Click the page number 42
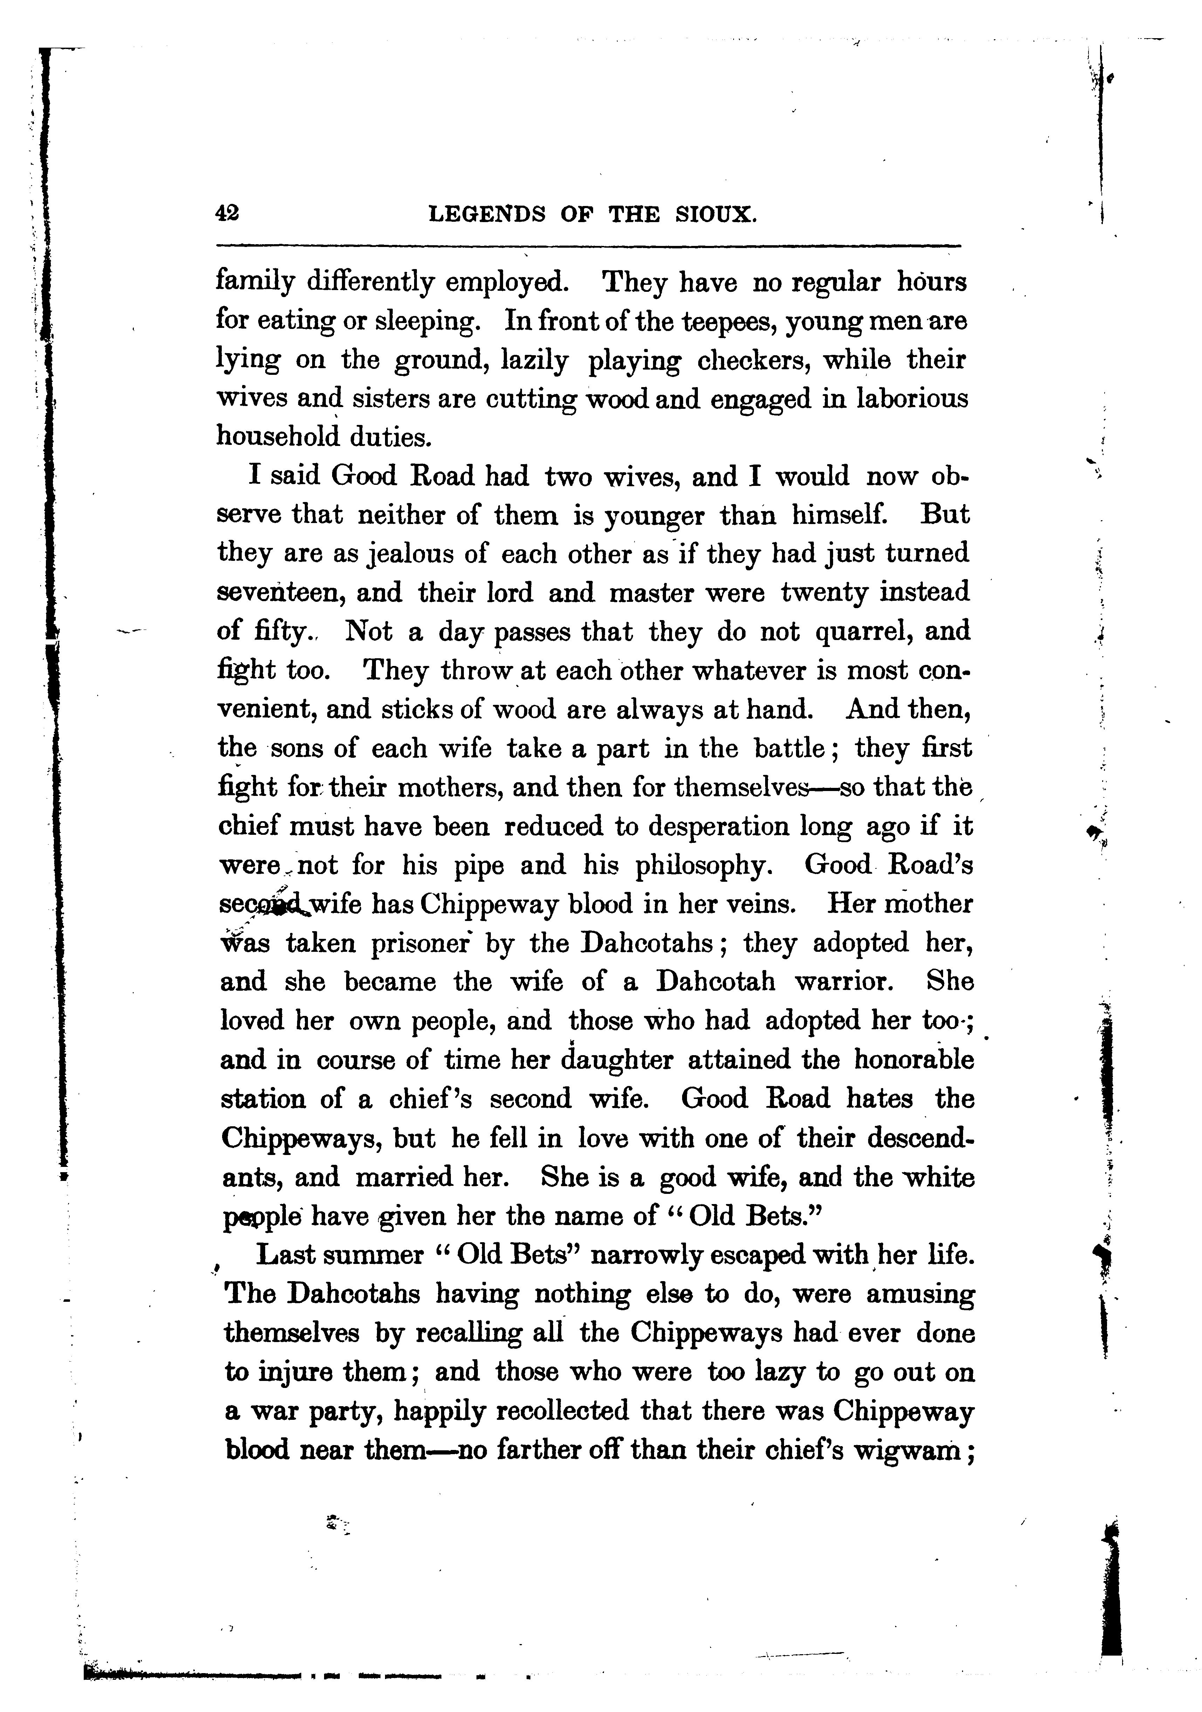[x=227, y=214]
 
